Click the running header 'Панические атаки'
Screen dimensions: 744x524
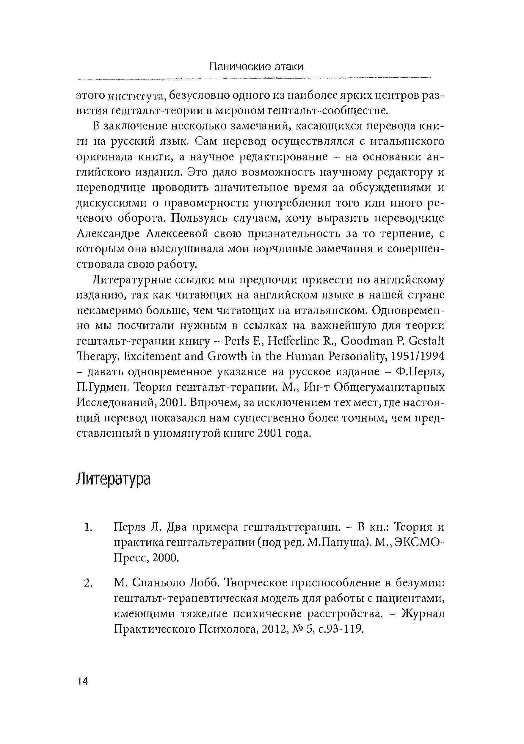click(x=256, y=67)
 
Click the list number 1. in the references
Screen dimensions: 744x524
click(x=87, y=528)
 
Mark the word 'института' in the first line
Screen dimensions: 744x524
click(x=137, y=96)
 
